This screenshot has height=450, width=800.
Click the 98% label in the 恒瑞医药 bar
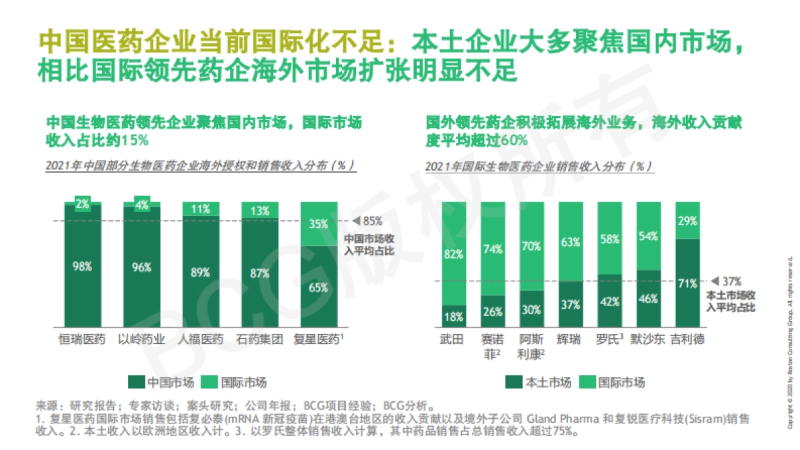click(83, 266)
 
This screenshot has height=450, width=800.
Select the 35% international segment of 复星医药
click(318, 224)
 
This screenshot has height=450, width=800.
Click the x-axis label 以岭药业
click(141, 339)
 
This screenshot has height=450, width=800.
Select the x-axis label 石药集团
click(259, 339)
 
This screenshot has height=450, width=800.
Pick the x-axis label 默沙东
click(647, 339)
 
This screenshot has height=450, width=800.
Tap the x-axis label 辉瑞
click(570, 339)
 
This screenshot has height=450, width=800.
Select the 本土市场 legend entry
click(539, 382)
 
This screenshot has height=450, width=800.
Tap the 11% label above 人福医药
click(201, 209)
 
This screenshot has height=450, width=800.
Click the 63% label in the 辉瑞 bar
click(571, 241)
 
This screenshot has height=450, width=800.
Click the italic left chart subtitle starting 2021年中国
click(199, 165)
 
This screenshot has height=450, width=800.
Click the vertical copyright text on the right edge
click(791, 340)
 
